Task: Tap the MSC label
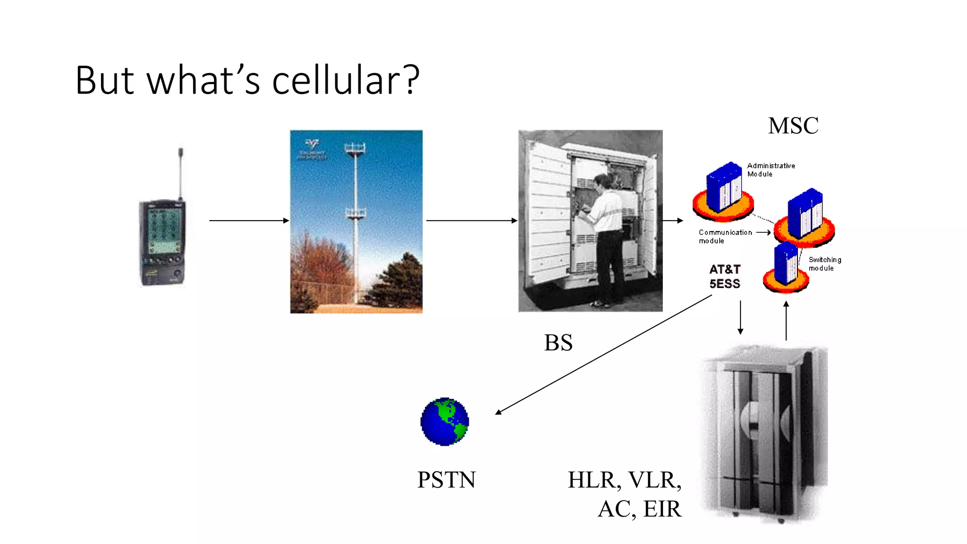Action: [793, 126]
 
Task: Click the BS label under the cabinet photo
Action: [558, 343]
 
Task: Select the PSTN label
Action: [446, 480]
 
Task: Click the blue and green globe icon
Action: [444, 422]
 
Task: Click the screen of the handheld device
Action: [163, 230]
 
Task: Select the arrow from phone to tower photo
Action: [248, 221]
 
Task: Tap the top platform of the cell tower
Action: [355, 149]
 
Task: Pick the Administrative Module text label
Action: [770, 170]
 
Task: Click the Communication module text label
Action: [725, 236]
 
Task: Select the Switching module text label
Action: [824, 263]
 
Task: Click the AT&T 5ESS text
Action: [724, 276]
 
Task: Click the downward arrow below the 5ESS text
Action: [740, 317]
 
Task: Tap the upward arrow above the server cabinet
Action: [786, 321]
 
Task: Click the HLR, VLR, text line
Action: [624, 480]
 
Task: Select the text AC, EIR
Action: [639, 509]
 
